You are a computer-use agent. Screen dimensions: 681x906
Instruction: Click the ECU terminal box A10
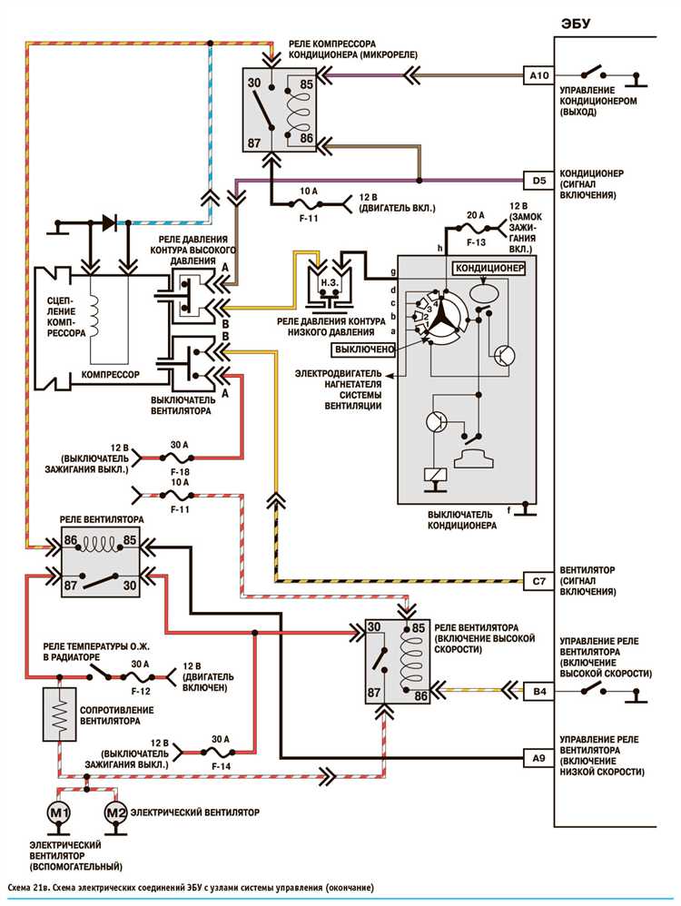pos(538,75)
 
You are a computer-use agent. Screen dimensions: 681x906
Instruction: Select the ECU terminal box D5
pos(538,181)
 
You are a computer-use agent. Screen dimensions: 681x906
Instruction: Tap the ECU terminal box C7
pos(538,581)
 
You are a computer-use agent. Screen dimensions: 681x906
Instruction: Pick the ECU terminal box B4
pos(538,691)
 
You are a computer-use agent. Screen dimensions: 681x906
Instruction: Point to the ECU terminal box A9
pos(538,757)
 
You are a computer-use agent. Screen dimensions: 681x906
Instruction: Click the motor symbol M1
pos(59,813)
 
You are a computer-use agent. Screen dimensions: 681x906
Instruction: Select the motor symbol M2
pos(115,813)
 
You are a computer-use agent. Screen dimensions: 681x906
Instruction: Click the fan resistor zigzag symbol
pos(60,714)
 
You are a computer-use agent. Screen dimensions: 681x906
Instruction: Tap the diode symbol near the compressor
pos(109,222)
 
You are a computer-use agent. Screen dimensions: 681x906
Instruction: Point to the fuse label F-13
pos(476,242)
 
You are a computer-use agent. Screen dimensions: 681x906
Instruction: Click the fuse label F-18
pos(180,472)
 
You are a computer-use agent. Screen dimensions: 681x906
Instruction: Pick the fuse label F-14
pos(221,766)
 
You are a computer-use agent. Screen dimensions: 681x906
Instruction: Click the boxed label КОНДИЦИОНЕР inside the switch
pos(489,268)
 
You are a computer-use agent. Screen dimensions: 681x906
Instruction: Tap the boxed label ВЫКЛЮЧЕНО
pos(364,350)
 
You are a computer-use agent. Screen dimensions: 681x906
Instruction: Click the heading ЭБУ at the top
pos(575,24)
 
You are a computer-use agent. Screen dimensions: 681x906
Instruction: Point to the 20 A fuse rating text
pos(475,215)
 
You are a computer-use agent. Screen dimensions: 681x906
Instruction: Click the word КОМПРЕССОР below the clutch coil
pos(110,374)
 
